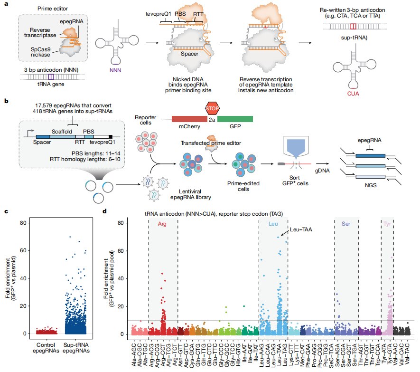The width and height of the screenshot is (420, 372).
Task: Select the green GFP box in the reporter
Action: [x=235, y=120]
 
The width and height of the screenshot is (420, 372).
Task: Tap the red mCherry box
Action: [x=189, y=120]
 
